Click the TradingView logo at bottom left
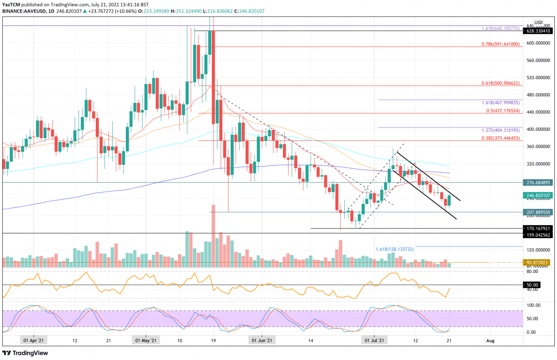click(25, 353)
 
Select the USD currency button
click(538, 22)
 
